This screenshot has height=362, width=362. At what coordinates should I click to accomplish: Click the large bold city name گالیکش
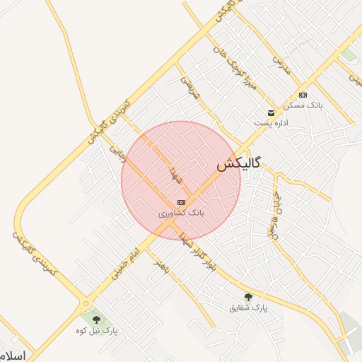point(238,164)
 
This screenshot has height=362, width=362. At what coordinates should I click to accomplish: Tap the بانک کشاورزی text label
point(182,212)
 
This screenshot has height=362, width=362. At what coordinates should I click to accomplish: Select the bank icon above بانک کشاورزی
point(182,202)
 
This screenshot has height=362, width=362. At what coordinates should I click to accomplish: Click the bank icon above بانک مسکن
point(303,95)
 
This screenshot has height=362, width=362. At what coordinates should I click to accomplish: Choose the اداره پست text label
point(271,122)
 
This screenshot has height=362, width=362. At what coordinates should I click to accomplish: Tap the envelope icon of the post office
point(271,112)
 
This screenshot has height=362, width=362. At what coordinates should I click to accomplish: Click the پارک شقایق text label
point(248,308)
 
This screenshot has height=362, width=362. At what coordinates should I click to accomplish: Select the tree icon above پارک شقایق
point(247,297)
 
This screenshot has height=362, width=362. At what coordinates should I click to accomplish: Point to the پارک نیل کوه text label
point(98,330)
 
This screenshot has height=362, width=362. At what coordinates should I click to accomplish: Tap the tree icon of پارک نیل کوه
point(96,320)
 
